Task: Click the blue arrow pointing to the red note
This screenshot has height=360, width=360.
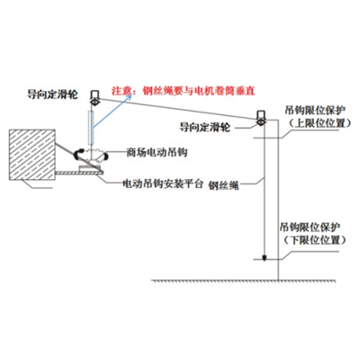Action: click(102, 96)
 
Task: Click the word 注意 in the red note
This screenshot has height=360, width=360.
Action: click(120, 91)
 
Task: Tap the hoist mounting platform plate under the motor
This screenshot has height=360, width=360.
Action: click(91, 167)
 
